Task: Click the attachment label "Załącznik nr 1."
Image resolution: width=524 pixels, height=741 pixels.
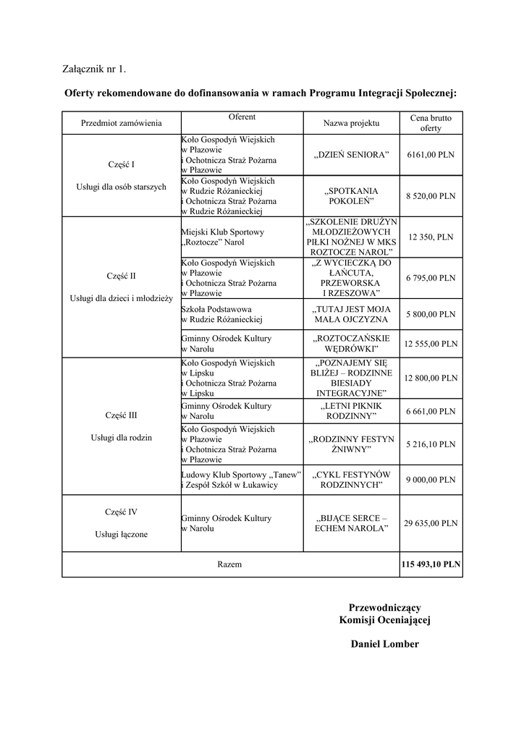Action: pos(94,69)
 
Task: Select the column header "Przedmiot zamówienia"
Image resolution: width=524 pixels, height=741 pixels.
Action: pos(122,124)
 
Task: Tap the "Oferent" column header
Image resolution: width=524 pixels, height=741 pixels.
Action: pos(242,117)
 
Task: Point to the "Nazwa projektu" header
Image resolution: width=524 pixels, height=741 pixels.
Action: pos(351,124)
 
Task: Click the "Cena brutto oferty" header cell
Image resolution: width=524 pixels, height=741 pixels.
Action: pos(431,122)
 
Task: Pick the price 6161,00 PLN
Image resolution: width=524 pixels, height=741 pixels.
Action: pos(431,155)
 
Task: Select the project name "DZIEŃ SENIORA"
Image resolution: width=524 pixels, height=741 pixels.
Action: pos(351,155)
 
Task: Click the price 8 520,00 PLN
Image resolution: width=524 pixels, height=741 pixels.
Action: pos(431,195)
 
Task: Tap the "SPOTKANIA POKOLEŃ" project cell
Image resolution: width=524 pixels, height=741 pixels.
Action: pos(351,195)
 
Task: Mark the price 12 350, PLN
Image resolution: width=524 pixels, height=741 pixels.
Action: pos(431,237)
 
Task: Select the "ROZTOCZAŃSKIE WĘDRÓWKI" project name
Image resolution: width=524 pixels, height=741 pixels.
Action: pos(351,344)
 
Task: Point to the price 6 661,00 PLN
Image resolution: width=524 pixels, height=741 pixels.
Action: pos(431,411)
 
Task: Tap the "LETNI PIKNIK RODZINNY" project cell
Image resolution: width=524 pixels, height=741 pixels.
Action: pos(351,411)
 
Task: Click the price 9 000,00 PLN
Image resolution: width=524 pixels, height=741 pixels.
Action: pos(431,479)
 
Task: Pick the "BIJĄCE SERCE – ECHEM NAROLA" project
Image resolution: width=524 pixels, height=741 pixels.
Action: pos(351,524)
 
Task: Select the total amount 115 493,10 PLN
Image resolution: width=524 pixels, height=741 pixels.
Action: pos(431,564)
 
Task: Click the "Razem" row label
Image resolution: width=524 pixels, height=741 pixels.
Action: pos(229,564)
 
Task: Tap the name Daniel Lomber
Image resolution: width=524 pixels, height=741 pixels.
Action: pos(384,644)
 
